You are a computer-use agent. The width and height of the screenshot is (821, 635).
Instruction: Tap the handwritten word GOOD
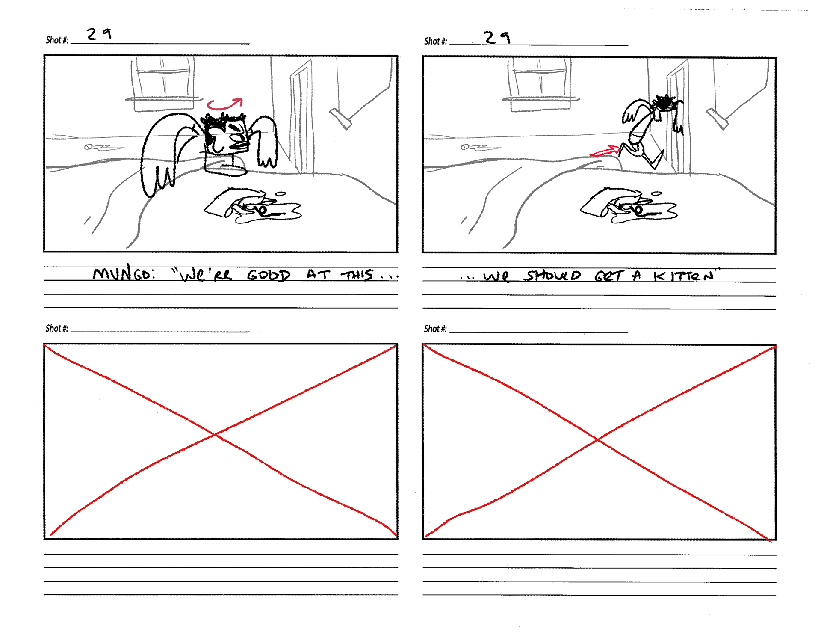point(269,275)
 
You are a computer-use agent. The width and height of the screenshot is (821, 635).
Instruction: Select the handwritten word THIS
point(357,274)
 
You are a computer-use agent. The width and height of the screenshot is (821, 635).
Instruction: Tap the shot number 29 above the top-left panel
point(99,34)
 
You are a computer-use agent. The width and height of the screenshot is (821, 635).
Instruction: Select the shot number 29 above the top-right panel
point(497,38)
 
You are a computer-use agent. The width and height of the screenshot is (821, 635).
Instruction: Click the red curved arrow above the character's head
point(224,104)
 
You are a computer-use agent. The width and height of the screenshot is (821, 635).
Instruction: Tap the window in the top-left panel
point(163,84)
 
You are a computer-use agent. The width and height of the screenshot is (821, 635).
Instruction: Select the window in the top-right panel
point(541,84)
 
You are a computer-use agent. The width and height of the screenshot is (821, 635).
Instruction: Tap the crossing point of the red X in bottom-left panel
point(215,434)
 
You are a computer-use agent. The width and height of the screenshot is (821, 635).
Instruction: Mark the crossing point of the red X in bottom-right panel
point(598,439)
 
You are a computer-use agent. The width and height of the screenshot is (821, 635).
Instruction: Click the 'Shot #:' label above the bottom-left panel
point(57,329)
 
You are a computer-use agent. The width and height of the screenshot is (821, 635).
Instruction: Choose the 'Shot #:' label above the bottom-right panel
point(435,329)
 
